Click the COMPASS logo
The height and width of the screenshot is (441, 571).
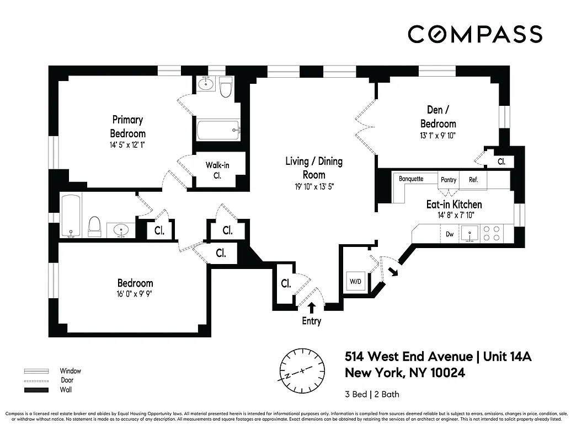[474, 34]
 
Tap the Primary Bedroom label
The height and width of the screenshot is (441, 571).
[127, 126]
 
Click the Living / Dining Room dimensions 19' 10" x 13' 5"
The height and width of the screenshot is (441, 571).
[313, 186]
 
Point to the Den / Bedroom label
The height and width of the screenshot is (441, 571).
[438, 116]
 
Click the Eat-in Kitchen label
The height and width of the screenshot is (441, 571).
[454, 205]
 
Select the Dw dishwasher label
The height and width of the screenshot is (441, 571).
[450, 234]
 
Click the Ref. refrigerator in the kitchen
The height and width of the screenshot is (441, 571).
[473, 180]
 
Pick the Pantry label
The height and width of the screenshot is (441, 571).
[449, 180]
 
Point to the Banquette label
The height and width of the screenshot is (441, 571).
[411, 179]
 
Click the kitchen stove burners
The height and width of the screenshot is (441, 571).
[492, 233]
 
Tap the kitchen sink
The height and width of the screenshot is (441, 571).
[470, 234]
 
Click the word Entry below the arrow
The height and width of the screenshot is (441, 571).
[311, 321]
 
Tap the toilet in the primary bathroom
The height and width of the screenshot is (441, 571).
[226, 88]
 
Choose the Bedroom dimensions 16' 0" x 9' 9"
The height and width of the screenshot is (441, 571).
[130, 294]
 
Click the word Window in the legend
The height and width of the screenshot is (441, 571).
[71, 371]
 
